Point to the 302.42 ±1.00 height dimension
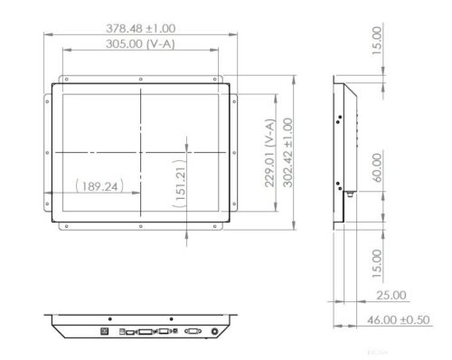pos(288,152)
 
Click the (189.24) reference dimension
pos(97,187)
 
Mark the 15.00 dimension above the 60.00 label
pos(376,39)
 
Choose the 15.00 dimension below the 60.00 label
pos(376,265)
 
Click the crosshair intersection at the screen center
pos(140,152)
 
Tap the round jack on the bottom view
pos(213,331)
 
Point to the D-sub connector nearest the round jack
pos(191,332)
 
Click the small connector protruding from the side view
pos(347,191)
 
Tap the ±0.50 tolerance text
pos(420,319)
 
